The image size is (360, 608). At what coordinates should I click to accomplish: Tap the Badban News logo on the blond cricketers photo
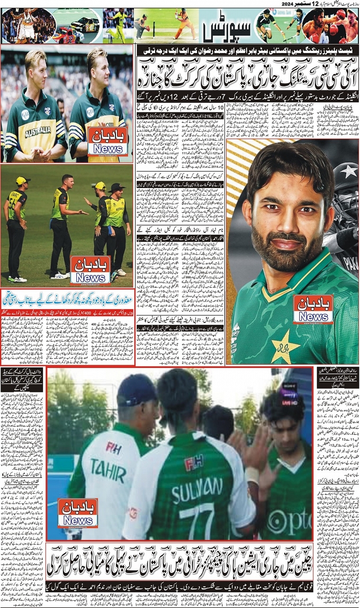click(x=108, y=141)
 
